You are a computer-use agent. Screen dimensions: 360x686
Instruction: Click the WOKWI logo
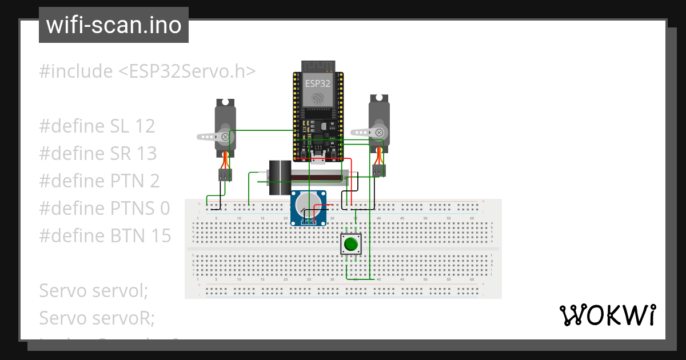[x=607, y=315]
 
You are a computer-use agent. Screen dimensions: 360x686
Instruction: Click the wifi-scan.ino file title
[x=113, y=25]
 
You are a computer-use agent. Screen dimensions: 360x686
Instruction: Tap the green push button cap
[x=350, y=245]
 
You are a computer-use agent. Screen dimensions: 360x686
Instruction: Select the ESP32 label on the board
[x=317, y=83]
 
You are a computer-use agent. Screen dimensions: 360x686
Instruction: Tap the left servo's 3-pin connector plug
[x=225, y=175]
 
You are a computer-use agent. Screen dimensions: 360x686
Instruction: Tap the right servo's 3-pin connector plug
[x=378, y=170]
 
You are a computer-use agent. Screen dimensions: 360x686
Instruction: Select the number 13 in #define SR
[x=145, y=154]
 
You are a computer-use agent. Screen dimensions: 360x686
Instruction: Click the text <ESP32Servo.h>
[x=186, y=71]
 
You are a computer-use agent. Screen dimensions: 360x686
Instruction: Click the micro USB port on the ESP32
[x=317, y=160]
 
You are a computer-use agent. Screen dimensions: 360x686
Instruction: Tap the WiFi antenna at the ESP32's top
[x=317, y=65]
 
